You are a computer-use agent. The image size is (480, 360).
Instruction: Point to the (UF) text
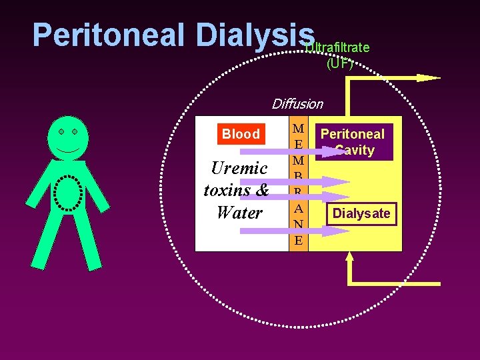pyautogui.click(x=339, y=64)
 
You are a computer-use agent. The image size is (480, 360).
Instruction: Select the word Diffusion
pyautogui.click(x=297, y=104)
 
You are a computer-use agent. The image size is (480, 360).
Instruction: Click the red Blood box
pyautogui.click(x=241, y=134)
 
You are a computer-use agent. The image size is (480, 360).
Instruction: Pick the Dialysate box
pyautogui.click(x=362, y=214)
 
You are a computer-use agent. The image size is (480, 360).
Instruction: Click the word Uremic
pyautogui.click(x=239, y=168)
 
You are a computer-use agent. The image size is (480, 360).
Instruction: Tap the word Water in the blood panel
pyautogui.click(x=239, y=213)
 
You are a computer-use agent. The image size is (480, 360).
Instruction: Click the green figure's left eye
pyautogui.click(x=61, y=132)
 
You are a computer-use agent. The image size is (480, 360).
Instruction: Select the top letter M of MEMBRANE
pyautogui.click(x=299, y=128)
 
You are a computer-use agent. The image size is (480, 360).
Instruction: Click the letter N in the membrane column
pyautogui.click(x=299, y=224)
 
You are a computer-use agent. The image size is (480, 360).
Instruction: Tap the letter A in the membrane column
pyautogui.click(x=299, y=208)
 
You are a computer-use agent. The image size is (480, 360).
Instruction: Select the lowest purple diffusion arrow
pyautogui.click(x=293, y=231)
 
